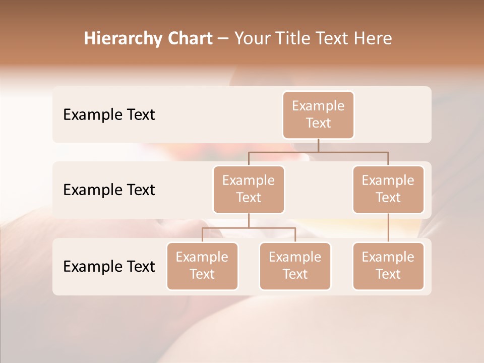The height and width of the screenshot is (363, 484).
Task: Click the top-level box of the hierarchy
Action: [318, 114]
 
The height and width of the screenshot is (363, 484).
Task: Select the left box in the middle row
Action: [249, 189]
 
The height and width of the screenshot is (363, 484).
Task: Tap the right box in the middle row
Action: [388, 189]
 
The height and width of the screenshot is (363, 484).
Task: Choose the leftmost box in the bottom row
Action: [202, 266]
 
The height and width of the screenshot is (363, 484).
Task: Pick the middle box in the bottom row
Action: [295, 266]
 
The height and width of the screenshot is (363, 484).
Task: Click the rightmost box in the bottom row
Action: [388, 266]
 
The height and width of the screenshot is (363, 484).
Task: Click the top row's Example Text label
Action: [109, 115]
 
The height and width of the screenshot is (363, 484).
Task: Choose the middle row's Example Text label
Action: [109, 190]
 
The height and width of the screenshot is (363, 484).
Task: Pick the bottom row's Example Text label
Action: [109, 267]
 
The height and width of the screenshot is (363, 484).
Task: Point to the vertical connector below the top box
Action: [318, 145]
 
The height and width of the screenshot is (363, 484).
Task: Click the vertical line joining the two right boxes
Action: [388, 228]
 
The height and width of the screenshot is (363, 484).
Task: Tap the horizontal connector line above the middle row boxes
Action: [318, 151]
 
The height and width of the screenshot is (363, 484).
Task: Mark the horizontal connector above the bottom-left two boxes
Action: [249, 228]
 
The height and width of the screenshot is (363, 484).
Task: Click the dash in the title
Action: [223, 39]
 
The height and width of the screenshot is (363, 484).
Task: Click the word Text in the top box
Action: [318, 123]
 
